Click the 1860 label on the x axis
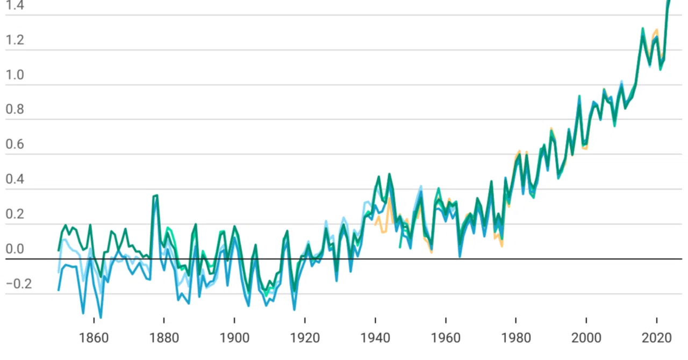click(x=94, y=338)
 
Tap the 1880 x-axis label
click(x=164, y=338)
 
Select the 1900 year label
click(x=234, y=338)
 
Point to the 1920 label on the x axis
click(x=305, y=338)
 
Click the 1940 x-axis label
click(x=375, y=338)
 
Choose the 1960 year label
click(x=446, y=338)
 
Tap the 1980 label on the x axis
click(x=516, y=338)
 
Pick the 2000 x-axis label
click(x=586, y=338)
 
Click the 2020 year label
click(x=657, y=338)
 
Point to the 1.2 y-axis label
click(x=15, y=40)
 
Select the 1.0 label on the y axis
click(x=15, y=75)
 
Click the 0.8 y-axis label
click(x=15, y=110)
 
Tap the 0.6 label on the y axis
click(x=15, y=144)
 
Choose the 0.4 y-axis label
click(x=15, y=179)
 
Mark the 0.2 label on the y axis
click(x=15, y=214)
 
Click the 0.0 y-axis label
click(x=15, y=249)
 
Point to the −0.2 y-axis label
click(x=19, y=284)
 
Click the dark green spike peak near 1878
click(x=156, y=196)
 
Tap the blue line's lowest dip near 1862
click(x=101, y=317)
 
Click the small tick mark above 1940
click(x=375, y=321)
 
